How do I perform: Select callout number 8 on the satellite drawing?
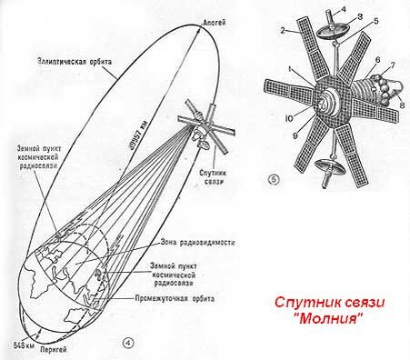point(401,105)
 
